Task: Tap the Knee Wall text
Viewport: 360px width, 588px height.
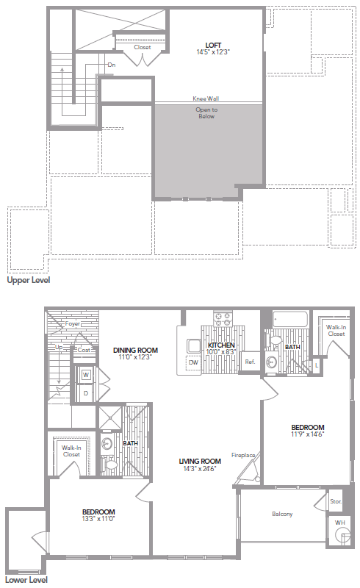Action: [x=206, y=98]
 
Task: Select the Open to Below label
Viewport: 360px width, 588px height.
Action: [x=206, y=113]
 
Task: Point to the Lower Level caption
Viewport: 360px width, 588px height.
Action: [x=27, y=580]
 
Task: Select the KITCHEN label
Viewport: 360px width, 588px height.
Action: [x=221, y=345]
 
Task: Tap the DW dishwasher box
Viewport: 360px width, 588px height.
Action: [x=193, y=362]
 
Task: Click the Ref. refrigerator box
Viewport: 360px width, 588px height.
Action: [x=250, y=362]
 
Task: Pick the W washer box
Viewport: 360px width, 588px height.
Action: [x=86, y=376]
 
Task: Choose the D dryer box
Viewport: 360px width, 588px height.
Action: [x=86, y=393]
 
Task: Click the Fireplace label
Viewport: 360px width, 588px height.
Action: [x=243, y=455]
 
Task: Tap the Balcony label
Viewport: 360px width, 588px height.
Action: [x=282, y=514]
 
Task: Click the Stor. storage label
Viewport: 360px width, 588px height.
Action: [x=336, y=502]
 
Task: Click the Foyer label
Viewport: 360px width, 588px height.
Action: [x=72, y=323]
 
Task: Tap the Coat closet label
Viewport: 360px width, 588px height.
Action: [x=84, y=350]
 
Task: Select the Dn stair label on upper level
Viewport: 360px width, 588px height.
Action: [x=112, y=65]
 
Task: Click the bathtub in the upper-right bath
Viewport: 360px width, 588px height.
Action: [x=289, y=320]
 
